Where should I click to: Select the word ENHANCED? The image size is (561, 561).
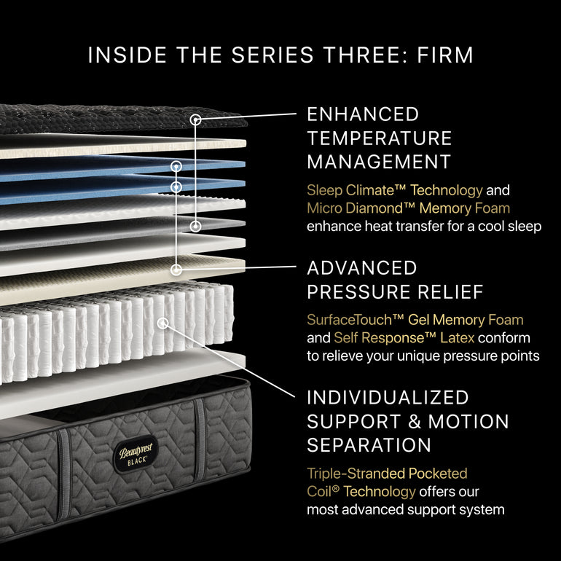pyautogui.click(x=363, y=114)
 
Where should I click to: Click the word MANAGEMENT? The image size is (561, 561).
pyautogui.click(x=379, y=161)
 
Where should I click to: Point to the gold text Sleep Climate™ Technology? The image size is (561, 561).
pyautogui.click(x=394, y=191)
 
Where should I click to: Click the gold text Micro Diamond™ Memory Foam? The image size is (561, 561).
pyautogui.click(x=408, y=208)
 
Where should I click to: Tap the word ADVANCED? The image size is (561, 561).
pyautogui.click(x=362, y=268)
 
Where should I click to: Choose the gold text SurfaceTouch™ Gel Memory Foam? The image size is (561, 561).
pyautogui.click(x=415, y=320)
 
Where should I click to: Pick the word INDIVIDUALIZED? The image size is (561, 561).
pyautogui.click(x=388, y=398)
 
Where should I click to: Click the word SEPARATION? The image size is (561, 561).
pyautogui.click(x=369, y=444)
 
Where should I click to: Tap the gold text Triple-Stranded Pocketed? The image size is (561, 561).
pyautogui.click(x=387, y=474)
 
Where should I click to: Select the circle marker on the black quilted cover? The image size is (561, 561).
pyautogui.click(x=195, y=118)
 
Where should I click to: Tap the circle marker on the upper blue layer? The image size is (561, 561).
pyautogui.click(x=176, y=167)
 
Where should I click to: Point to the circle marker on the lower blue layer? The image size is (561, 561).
pyautogui.click(x=176, y=187)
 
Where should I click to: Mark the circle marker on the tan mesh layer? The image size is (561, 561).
pyautogui.click(x=176, y=269)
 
